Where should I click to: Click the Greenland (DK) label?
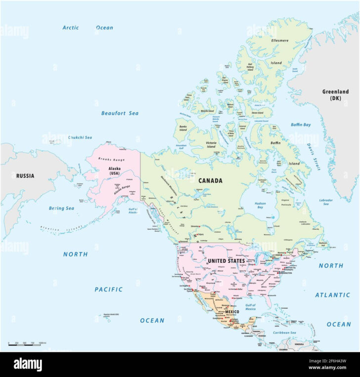335,95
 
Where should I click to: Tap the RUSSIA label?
25,175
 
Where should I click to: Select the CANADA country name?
210,181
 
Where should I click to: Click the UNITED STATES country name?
226,260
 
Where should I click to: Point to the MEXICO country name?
232,312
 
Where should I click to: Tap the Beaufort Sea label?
120,113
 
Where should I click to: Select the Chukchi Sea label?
80,137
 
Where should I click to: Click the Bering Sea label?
61,209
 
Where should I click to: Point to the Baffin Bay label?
301,125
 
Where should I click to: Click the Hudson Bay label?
260,206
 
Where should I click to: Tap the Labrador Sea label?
326,203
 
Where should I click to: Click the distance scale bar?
28,345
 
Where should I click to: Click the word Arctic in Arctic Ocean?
71,28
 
